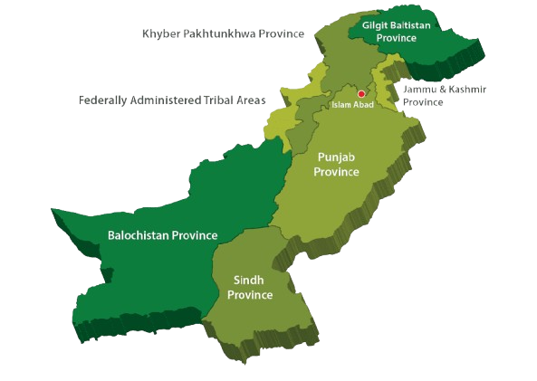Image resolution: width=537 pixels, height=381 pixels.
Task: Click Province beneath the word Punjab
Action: [336, 172]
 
